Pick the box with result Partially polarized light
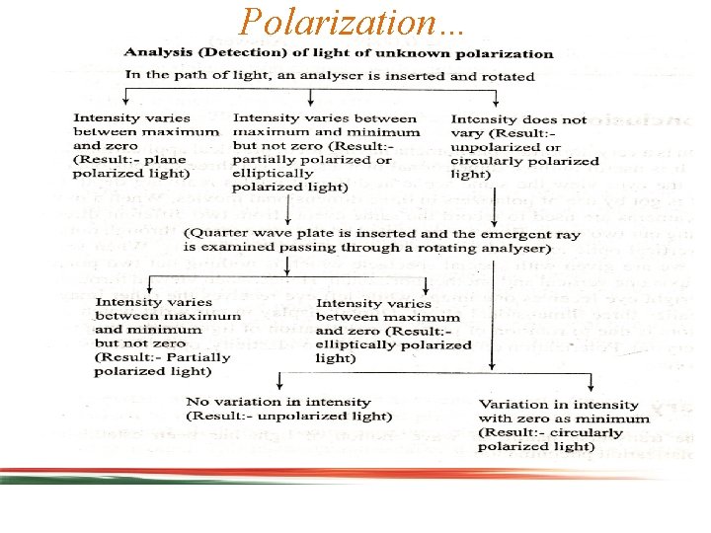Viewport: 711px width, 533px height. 166,337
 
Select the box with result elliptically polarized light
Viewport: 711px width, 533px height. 393,330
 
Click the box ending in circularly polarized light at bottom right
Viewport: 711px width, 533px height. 558,425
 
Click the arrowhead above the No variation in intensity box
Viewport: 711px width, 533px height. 280,387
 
